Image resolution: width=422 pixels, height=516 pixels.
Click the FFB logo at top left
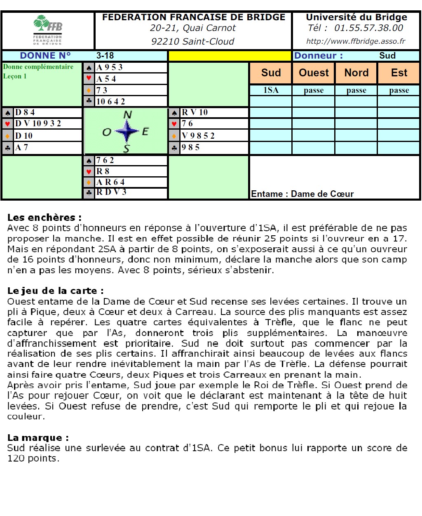48,29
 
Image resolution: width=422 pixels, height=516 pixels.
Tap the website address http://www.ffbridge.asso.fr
356,41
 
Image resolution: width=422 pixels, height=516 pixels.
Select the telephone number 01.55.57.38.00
368,28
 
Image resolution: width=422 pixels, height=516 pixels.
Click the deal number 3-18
105,56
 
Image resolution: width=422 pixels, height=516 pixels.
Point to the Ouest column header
314,73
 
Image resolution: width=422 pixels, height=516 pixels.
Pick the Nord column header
356,73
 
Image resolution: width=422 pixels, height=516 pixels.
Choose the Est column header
399,73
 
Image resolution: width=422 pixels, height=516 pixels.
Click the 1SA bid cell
271,90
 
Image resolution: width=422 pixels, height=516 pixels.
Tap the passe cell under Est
399,90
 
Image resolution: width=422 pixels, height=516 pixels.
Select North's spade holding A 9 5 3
110,67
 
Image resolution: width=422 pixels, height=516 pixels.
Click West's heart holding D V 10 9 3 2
38,123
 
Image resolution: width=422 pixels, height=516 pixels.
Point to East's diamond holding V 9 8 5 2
198,135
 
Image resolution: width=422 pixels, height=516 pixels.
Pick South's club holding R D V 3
111,192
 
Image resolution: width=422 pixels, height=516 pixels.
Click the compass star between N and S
127,132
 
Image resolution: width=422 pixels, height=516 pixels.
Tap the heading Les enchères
44,218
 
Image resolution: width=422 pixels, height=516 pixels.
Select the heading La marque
38,438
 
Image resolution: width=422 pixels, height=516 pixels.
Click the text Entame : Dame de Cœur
302,194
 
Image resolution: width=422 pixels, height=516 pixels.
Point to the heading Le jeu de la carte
55,291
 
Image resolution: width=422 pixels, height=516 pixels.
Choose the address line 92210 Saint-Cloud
192,42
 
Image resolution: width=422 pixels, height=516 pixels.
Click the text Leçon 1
15,76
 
